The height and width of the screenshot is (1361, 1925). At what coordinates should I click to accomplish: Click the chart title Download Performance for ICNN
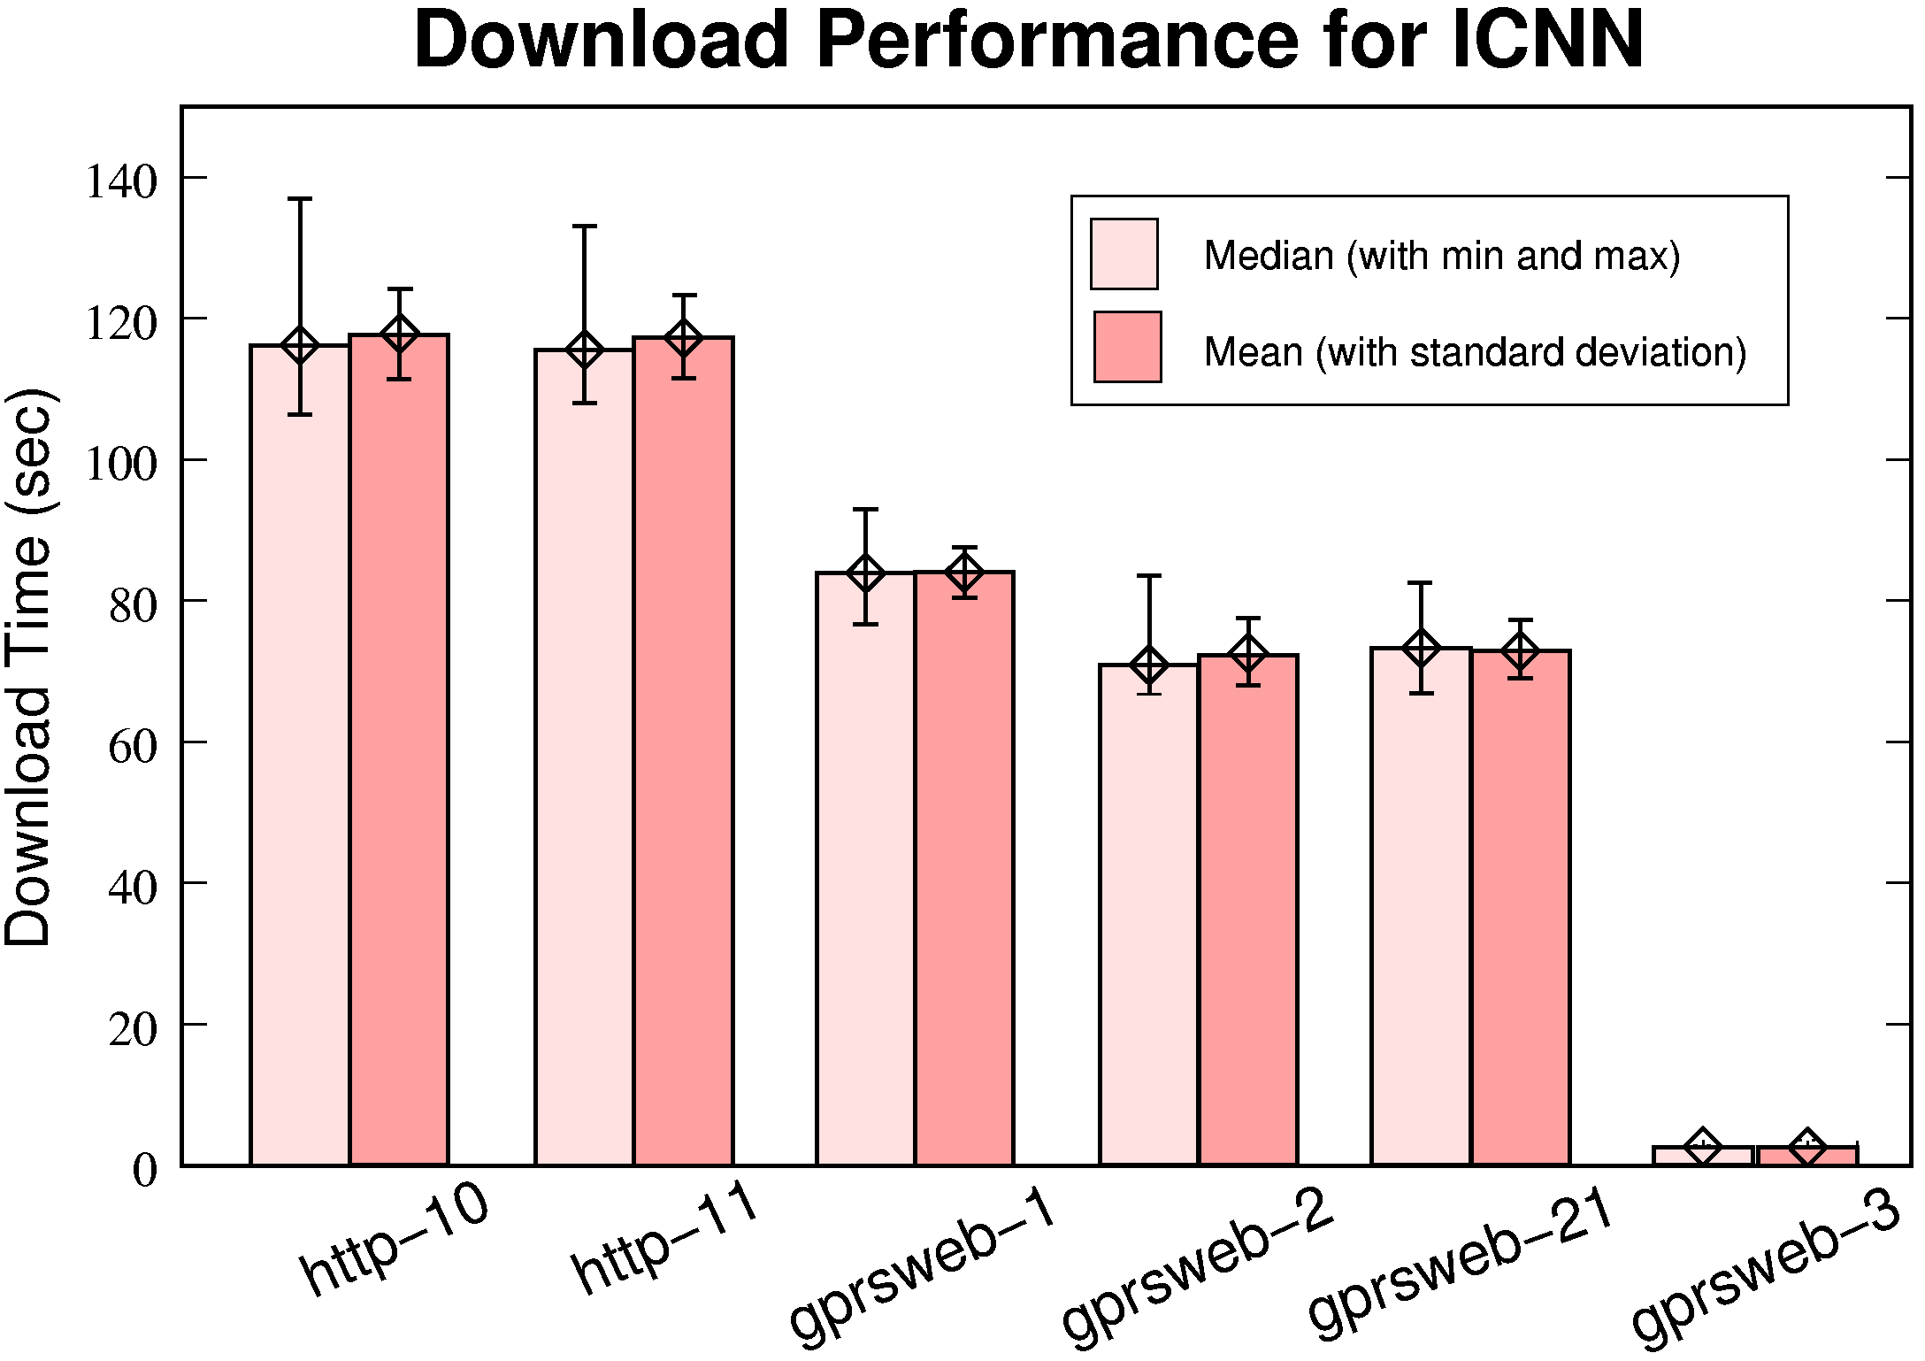pos(1028,40)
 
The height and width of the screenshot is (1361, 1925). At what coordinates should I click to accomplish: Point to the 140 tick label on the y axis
pos(120,182)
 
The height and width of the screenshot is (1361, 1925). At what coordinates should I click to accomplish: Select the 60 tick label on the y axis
pos(132,746)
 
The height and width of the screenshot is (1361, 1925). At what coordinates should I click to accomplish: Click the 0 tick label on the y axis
pos(144,1170)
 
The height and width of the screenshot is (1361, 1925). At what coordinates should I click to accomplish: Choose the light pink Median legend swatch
pos(1124,254)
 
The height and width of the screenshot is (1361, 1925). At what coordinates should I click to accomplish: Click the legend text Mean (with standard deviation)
pos(1475,352)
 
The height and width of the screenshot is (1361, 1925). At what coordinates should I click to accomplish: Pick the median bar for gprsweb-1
pos(865,868)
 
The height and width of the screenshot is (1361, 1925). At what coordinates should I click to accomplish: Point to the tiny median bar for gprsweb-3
pos(1702,1156)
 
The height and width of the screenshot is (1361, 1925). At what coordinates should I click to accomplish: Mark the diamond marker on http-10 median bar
pos(300,345)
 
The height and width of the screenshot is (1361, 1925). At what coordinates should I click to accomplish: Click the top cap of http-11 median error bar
pos(584,227)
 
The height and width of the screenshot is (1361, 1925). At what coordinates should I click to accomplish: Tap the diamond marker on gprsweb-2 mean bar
pos(1248,655)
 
